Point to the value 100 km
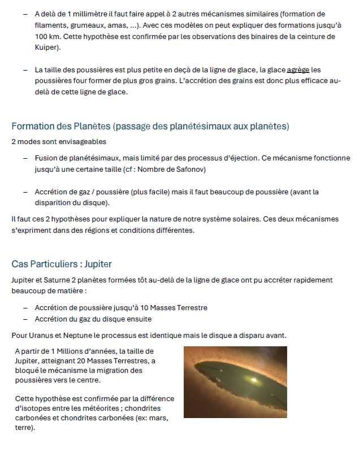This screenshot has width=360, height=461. pos(46,36)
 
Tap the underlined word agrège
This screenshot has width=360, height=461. pos(298,70)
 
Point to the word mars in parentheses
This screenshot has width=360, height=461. pos(157,418)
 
